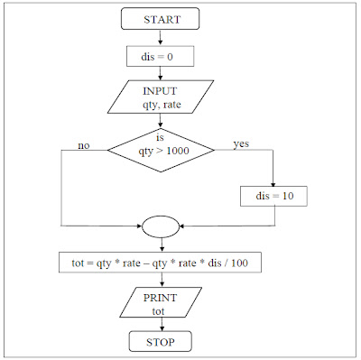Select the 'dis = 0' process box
[x=161, y=57]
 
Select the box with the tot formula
[x=161, y=263]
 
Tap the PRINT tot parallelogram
[x=161, y=302]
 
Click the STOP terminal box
[x=161, y=342]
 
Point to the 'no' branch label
[x=84, y=143]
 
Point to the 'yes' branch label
[x=241, y=143]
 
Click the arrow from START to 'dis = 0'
[x=161, y=37]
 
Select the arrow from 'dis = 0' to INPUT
[x=161, y=74]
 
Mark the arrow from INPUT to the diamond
[x=161, y=118]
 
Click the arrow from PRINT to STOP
[x=161, y=324]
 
